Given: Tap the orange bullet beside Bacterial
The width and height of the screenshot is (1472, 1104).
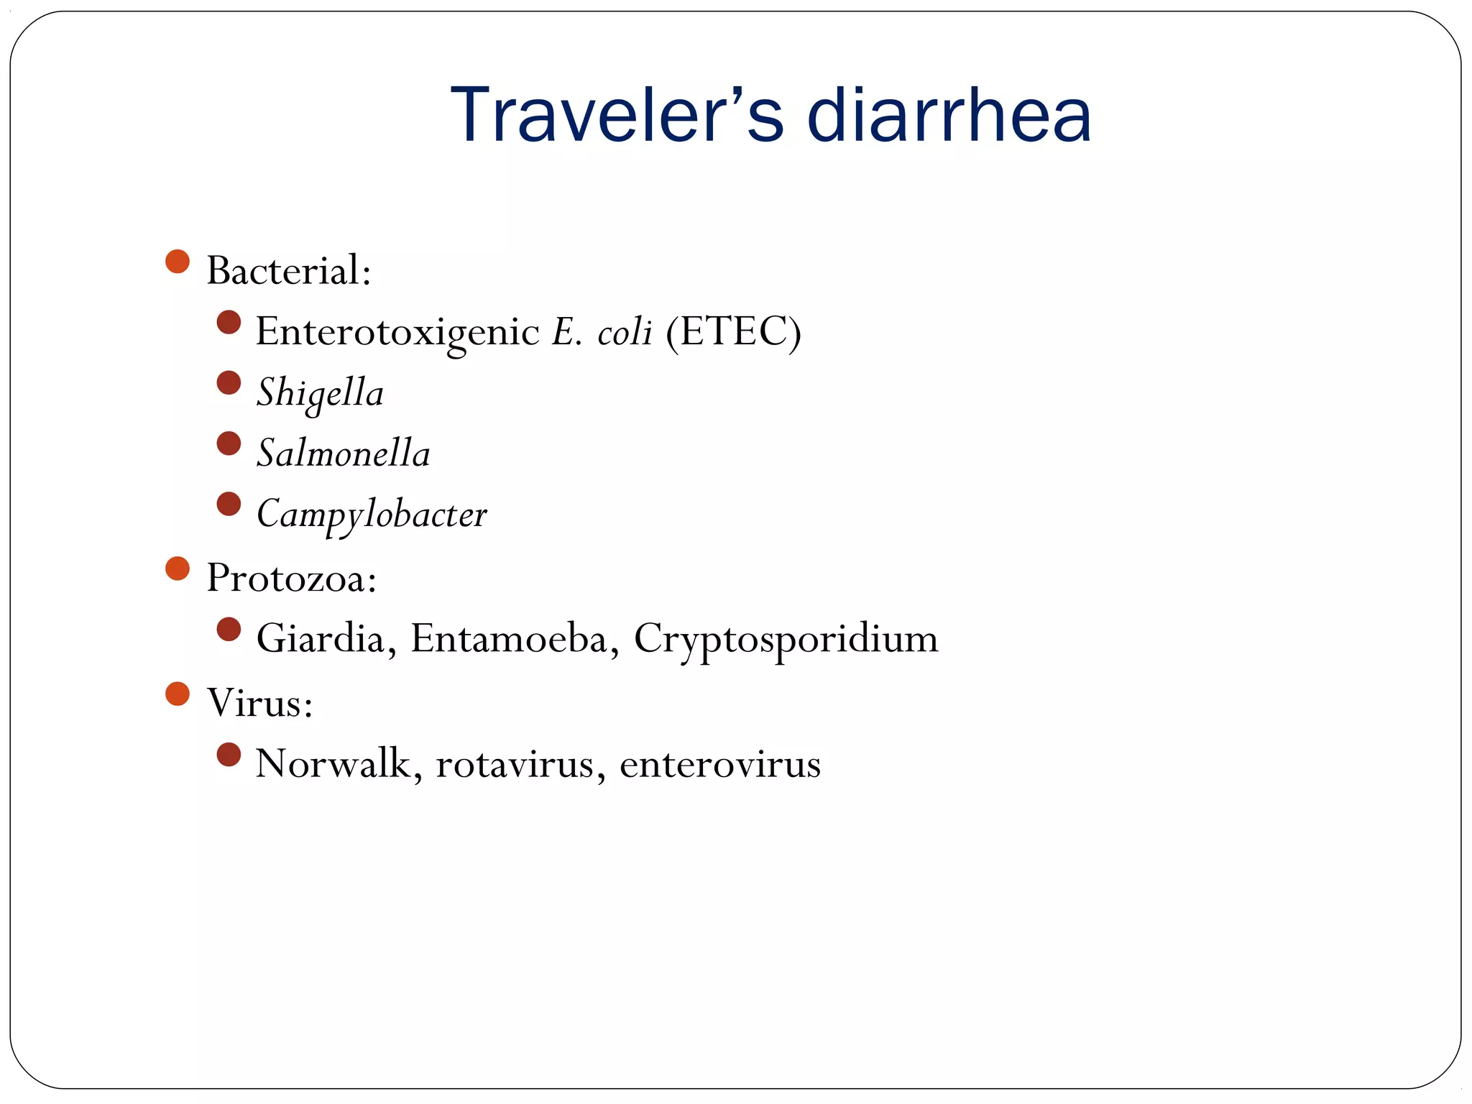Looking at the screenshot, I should click(x=178, y=261).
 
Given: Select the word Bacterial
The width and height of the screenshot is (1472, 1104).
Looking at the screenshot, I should click(x=289, y=271).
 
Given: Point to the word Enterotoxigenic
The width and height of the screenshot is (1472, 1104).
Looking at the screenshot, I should click(x=397, y=332).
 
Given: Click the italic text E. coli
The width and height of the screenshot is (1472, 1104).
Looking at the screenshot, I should click(x=602, y=332).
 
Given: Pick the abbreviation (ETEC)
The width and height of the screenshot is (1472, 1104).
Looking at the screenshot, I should click(x=733, y=332).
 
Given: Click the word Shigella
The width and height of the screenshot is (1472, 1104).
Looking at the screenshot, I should click(x=321, y=393).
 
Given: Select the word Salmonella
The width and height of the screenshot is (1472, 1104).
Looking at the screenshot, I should click(x=344, y=454).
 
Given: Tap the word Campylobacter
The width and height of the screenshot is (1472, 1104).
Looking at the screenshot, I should click(x=372, y=515).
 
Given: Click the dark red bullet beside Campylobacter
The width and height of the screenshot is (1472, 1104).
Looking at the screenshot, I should click(x=229, y=504).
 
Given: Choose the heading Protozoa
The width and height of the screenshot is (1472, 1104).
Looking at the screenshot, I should click(x=291, y=577).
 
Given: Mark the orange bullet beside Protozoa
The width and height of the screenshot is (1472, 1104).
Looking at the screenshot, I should click(x=178, y=568).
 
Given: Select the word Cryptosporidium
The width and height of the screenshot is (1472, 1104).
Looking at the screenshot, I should click(x=786, y=638).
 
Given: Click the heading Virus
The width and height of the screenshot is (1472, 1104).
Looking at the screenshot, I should click(x=259, y=702).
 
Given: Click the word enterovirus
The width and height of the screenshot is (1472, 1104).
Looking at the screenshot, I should click(x=720, y=763).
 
